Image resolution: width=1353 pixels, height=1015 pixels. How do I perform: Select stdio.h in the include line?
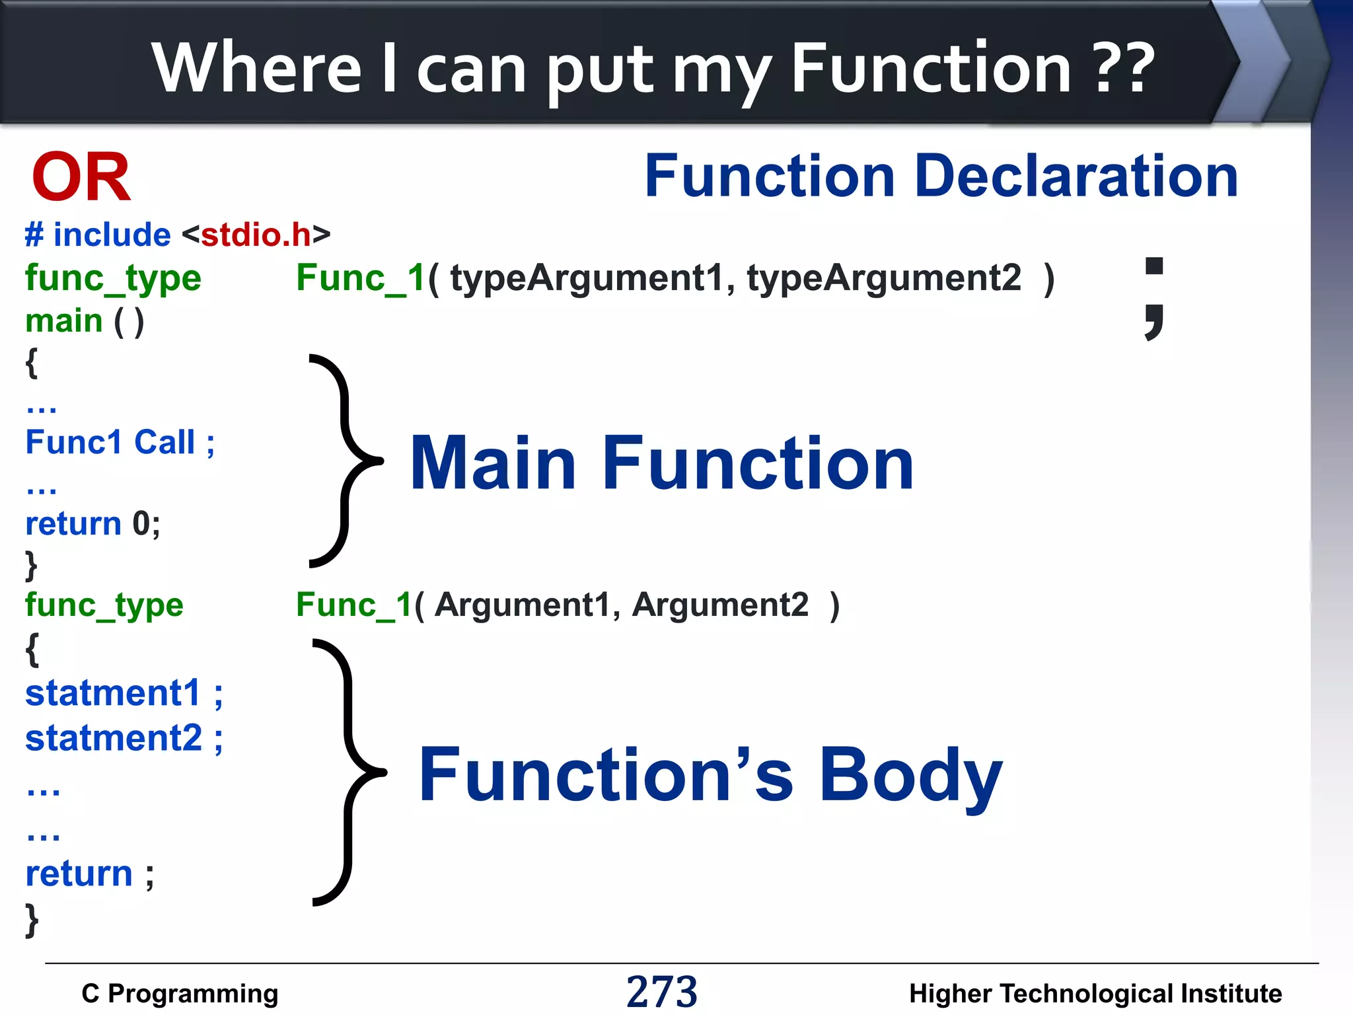pos(256,235)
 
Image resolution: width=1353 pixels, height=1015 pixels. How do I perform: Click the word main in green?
pos(63,321)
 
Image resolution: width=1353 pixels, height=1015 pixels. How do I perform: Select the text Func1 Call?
pos(110,442)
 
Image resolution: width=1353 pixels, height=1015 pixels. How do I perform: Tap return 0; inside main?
pos(92,523)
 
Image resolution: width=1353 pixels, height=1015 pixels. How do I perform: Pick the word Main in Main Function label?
pos(493,464)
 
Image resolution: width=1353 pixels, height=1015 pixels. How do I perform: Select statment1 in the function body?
pos(113,694)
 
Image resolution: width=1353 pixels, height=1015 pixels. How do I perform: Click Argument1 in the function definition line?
pos(522,605)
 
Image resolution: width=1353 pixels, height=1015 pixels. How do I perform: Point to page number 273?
pos(661,991)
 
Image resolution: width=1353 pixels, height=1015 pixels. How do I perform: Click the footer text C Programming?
pos(180,993)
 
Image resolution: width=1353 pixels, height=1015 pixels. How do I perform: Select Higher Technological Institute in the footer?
pos(1095,993)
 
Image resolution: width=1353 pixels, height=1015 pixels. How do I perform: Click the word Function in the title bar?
pos(930,68)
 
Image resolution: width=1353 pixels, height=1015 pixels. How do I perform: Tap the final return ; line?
pos(89,874)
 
